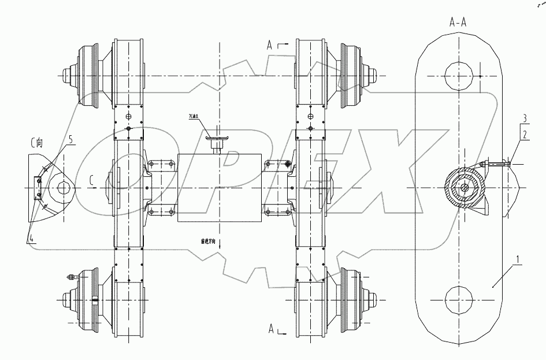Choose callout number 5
(x=70, y=139)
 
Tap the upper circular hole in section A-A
(x=458, y=75)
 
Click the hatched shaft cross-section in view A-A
(x=463, y=188)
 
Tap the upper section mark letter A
(x=269, y=44)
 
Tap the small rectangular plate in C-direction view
(x=38, y=189)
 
